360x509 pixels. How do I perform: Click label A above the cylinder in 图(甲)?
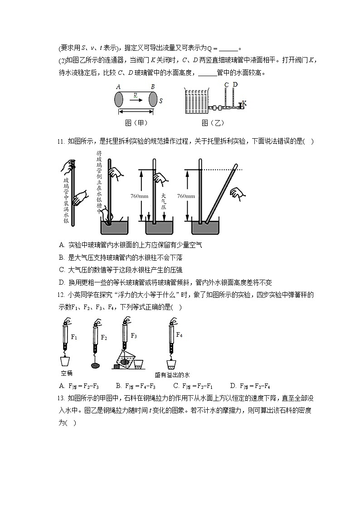coord(118,87)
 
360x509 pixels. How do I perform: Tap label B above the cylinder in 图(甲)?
coord(152,87)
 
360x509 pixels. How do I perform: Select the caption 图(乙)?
coord(213,123)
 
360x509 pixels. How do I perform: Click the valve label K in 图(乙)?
coord(244,104)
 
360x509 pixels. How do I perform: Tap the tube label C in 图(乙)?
coord(226,84)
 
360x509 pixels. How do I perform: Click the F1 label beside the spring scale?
coord(74,337)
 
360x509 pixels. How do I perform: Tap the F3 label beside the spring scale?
coord(134,335)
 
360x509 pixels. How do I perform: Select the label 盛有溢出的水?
coord(172,375)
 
